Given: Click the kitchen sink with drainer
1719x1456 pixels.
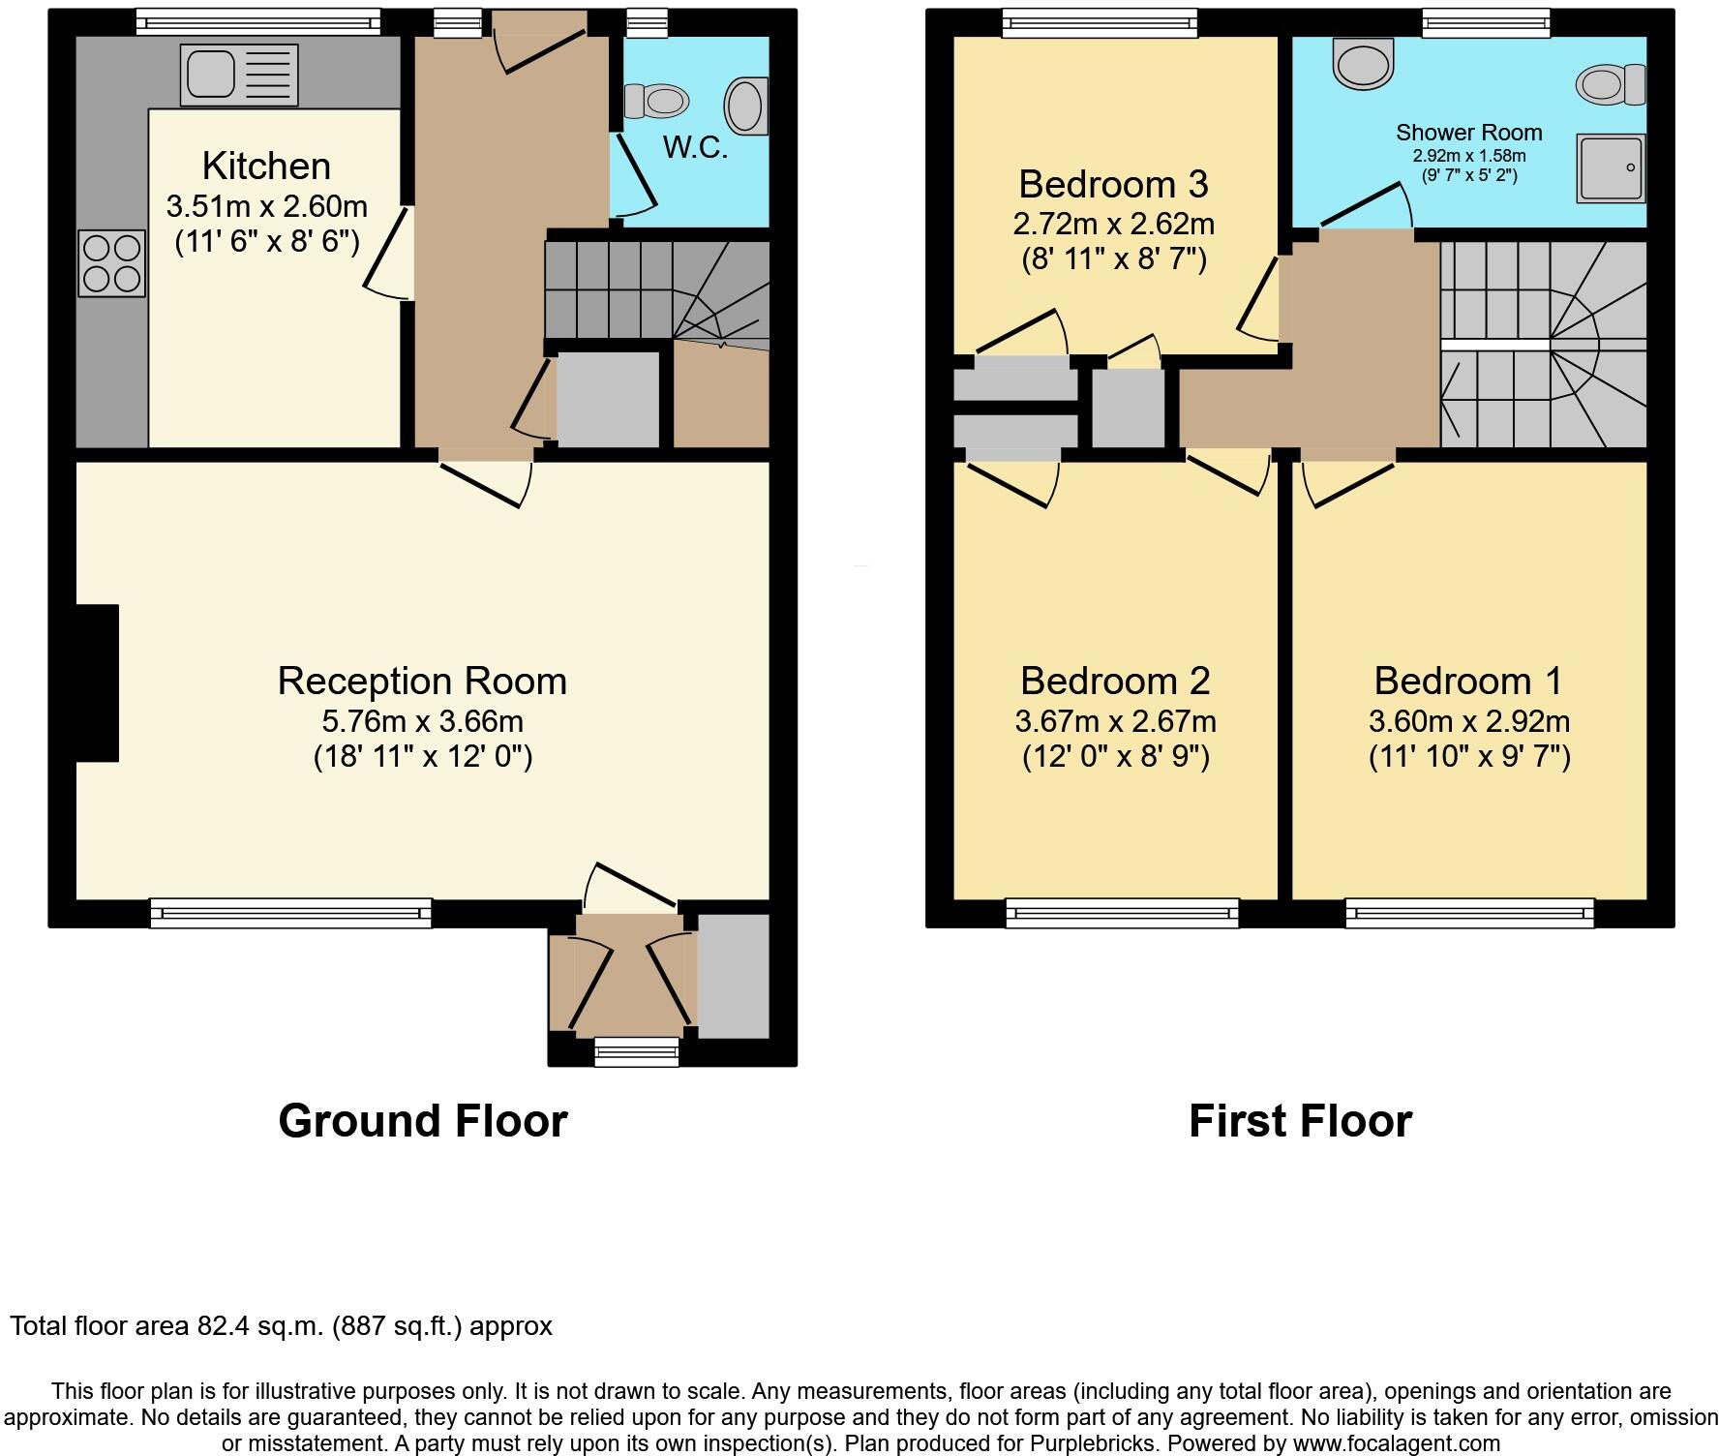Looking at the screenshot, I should click(x=238, y=76).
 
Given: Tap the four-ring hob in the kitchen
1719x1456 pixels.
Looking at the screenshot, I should click(x=111, y=263).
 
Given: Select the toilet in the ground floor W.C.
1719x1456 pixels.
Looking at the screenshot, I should click(x=656, y=101).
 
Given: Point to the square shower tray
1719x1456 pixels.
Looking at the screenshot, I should click(x=1611, y=168).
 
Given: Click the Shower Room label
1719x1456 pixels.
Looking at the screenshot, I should click(x=1468, y=133).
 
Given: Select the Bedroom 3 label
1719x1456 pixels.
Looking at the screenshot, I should click(x=1113, y=184).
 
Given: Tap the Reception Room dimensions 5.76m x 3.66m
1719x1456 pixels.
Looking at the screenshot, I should click(x=422, y=721).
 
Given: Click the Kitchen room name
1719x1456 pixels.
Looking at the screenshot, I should click(x=266, y=167).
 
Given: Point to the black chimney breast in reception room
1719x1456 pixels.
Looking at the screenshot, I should click(x=98, y=683).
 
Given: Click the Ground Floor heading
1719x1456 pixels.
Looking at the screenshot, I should click(x=422, y=1121).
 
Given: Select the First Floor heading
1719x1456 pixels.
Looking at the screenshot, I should click(x=1300, y=1121).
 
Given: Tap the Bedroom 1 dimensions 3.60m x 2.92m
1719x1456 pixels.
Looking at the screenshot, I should click(x=1468, y=721).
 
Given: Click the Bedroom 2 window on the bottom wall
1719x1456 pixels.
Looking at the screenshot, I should click(x=1122, y=912).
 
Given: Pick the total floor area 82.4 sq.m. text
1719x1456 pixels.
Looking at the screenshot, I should click(x=281, y=1325).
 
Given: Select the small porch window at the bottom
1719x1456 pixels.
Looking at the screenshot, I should click(x=636, y=1050).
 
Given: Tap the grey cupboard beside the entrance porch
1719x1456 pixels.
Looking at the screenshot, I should click(x=733, y=976).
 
